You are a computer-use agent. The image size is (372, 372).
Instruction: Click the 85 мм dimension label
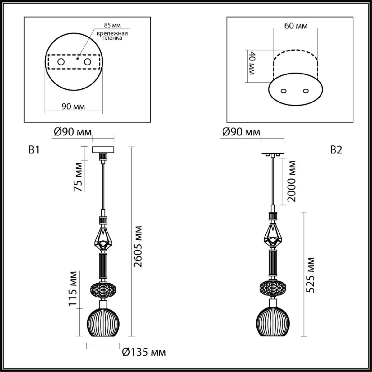[112, 25]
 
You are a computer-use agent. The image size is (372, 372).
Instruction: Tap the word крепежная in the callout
[112, 33]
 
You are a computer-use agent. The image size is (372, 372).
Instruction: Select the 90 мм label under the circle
[73, 106]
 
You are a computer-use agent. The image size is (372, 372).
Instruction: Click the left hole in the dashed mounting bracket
[61, 62]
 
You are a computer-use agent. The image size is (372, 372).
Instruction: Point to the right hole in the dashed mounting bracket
[87, 62]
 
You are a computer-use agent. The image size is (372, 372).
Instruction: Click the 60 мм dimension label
[296, 26]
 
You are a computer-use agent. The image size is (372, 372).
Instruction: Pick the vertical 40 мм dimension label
[252, 63]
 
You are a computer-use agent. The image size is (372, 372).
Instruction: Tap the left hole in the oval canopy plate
[283, 91]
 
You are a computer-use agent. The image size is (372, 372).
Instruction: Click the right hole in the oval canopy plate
[306, 91]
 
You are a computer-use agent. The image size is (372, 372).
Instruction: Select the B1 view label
[34, 150]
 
